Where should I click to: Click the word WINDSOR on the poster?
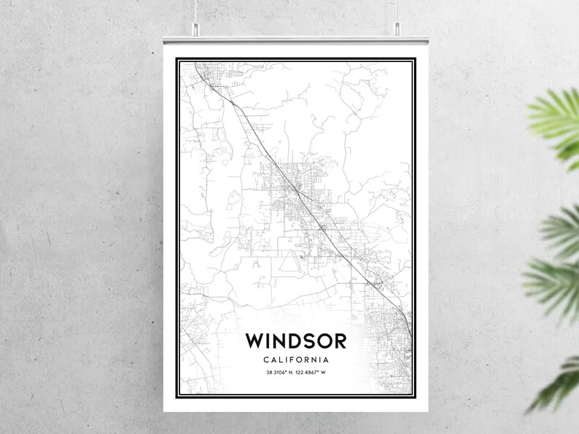point(296,341)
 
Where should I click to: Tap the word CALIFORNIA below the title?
point(296,360)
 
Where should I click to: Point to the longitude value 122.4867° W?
point(315,375)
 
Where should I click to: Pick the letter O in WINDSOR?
point(322,341)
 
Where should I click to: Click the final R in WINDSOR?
point(339,341)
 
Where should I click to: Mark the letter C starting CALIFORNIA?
point(266,360)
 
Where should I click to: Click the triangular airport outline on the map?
point(289,259)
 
